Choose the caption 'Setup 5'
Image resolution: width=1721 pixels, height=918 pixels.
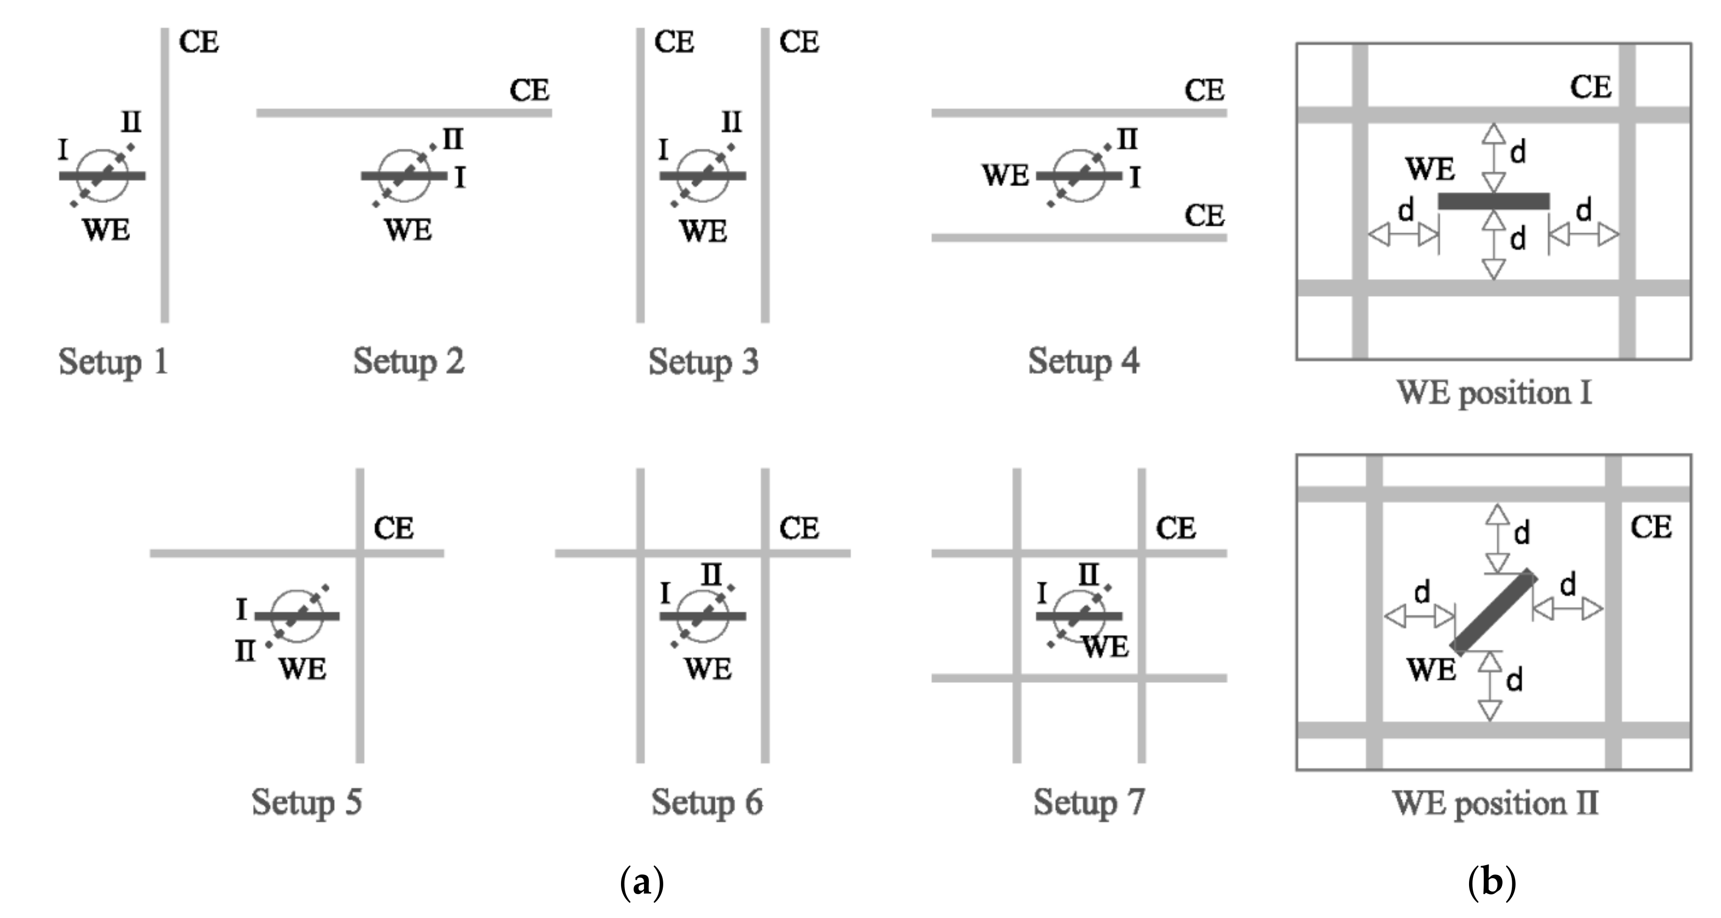(x=307, y=802)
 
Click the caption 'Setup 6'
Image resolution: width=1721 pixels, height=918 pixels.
(x=707, y=802)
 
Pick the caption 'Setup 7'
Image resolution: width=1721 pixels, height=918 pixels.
(x=1089, y=802)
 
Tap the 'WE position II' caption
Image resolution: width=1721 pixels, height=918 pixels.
(x=1495, y=803)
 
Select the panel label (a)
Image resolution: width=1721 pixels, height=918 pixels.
(x=641, y=882)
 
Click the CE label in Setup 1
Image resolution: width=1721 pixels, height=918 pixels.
(x=198, y=43)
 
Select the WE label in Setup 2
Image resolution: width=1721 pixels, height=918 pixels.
(x=408, y=230)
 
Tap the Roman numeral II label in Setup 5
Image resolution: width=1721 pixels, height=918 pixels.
(x=245, y=650)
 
